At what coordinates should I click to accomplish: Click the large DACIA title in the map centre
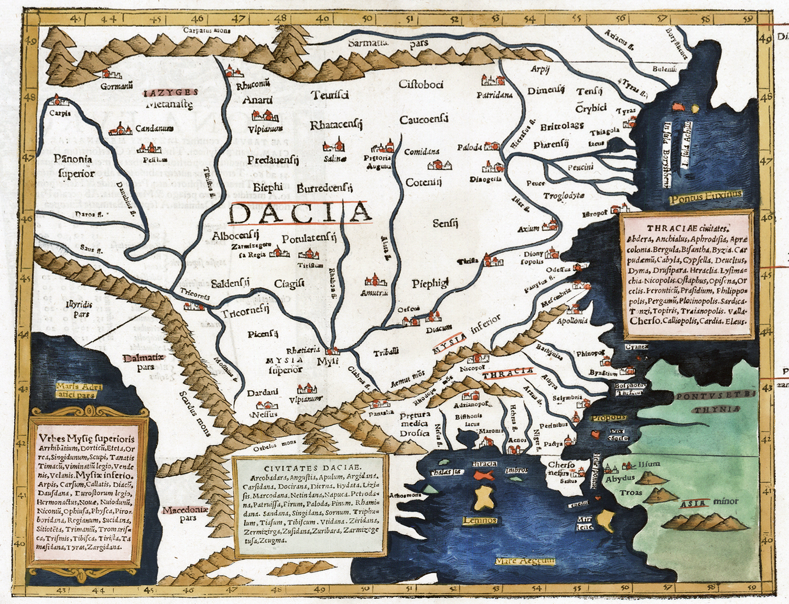(300, 213)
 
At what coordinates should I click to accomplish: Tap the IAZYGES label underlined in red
(170, 92)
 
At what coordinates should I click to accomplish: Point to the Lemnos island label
(480, 521)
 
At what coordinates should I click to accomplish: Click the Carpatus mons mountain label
(207, 30)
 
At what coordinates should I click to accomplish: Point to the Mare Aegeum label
(525, 561)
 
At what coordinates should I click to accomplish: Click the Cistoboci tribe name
(421, 84)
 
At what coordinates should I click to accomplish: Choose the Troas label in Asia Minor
(631, 493)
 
